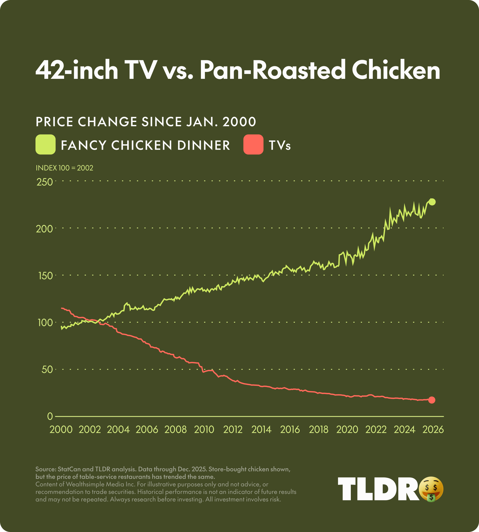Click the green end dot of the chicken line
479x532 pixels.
[432, 202]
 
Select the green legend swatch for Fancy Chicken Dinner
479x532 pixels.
[45, 145]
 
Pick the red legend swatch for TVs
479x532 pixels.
[253, 145]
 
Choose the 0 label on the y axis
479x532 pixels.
[50, 416]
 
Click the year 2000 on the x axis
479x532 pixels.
[61, 430]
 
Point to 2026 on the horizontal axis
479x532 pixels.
[433, 430]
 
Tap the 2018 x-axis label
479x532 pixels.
[318, 430]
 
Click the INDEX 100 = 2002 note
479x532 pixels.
[65, 168]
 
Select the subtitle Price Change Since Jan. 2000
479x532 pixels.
[146, 122]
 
